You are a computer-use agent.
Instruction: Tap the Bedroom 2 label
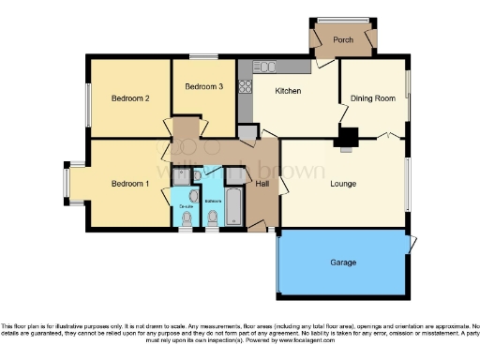coord(131,98)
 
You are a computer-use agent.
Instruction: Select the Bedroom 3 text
coord(203,87)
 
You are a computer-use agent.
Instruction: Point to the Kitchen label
coord(287,91)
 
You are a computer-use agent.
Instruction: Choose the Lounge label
coord(343,185)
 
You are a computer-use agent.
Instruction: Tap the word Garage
coord(343,262)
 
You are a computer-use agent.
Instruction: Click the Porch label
coord(341,39)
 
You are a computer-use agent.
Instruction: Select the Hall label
coord(262,185)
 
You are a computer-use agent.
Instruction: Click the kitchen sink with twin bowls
coord(262,67)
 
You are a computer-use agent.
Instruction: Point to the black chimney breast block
coord(347,139)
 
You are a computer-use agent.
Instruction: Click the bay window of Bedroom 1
coord(68,184)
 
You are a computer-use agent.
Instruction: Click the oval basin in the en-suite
coord(193,195)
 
